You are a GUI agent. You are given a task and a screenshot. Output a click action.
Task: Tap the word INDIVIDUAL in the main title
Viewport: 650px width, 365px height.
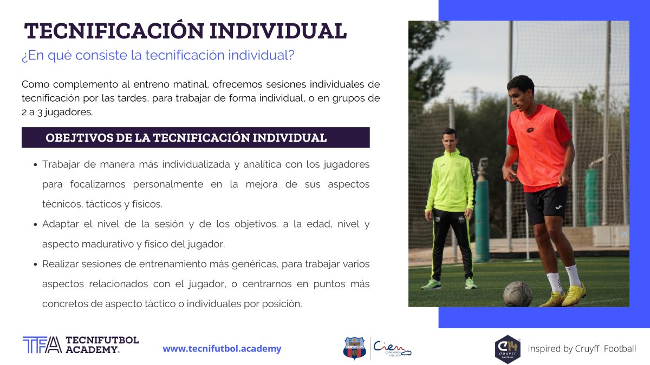(278, 31)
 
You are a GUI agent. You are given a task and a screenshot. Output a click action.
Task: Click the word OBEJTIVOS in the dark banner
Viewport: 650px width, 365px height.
(79, 138)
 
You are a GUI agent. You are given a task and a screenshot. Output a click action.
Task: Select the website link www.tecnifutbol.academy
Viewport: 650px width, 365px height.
(222, 348)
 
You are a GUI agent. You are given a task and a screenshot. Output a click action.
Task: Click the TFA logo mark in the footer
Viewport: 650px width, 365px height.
(42, 345)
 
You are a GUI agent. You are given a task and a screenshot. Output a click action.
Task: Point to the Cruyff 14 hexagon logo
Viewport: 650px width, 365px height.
(508, 349)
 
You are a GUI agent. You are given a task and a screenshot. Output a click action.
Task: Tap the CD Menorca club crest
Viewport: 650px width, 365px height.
(354, 348)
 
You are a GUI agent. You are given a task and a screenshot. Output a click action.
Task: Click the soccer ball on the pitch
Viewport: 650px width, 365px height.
(518, 294)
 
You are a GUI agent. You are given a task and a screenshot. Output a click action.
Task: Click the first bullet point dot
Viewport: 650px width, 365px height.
(35, 165)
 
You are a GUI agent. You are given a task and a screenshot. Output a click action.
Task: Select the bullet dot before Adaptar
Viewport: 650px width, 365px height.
(35, 224)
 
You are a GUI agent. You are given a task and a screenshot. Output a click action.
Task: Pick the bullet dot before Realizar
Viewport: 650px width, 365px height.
(35, 264)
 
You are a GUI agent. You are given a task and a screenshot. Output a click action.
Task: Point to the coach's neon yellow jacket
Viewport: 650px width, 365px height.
(451, 181)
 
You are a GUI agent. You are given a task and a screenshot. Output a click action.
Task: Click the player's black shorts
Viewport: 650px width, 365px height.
(546, 205)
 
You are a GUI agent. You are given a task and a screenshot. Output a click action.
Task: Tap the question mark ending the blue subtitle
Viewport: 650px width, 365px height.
(291, 55)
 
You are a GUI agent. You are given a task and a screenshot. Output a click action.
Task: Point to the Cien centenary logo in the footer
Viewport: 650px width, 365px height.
(392, 348)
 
